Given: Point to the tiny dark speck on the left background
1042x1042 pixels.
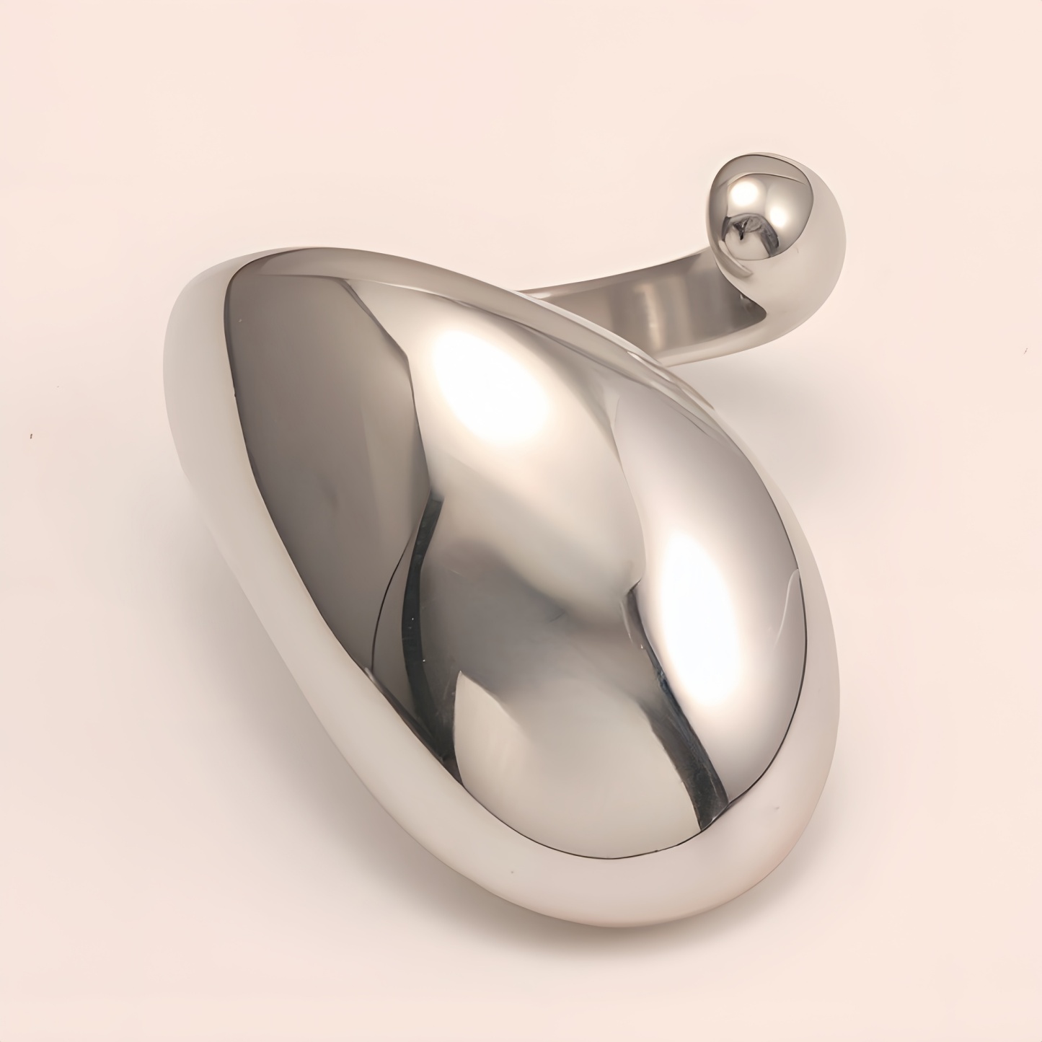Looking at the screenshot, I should pos(31,436).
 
